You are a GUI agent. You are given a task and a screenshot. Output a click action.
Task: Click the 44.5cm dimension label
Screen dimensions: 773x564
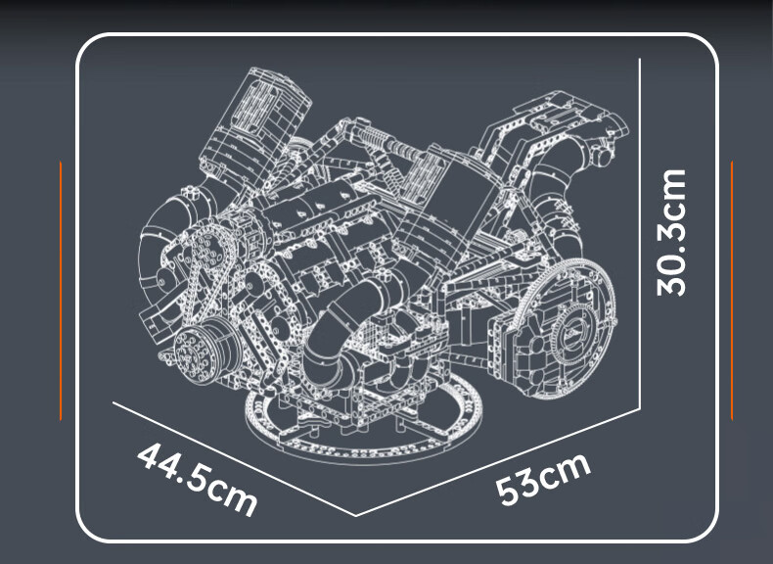click(x=198, y=479)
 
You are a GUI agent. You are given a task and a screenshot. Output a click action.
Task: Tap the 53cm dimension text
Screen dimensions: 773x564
click(x=543, y=478)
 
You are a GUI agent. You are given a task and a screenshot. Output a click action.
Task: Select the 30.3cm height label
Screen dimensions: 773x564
click(x=671, y=232)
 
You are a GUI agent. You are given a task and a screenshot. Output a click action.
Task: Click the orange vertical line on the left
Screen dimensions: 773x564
click(x=61, y=291)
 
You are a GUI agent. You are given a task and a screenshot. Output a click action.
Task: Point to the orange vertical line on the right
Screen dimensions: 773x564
click(x=732, y=291)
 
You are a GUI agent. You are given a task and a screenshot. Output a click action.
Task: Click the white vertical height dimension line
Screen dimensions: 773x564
click(x=639, y=233)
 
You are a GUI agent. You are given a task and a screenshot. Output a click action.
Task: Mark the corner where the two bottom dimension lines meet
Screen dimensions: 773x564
click(x=356, y=516)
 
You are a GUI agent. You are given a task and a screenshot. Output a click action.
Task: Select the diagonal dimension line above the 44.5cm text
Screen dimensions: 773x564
click(x=234, y=459)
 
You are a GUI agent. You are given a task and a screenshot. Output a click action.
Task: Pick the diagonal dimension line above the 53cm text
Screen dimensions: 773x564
click(x=498, y=462)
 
